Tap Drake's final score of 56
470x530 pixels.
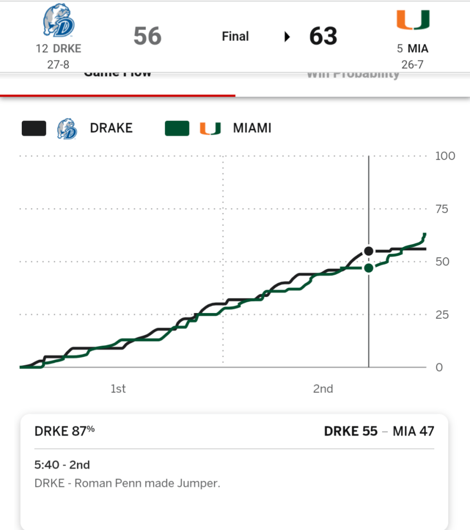[x=148, y=36]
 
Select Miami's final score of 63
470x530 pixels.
[x=323, y=36]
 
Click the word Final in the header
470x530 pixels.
[x=235, y=36]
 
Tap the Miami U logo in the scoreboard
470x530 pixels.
[x=413, y=21]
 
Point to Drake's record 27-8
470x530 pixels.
[x=58, y=64]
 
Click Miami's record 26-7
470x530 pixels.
[x=413, y=64]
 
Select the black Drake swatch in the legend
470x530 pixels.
[x=34, y=128]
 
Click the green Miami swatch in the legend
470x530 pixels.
[x=177, y=128]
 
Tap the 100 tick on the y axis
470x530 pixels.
[x=445, y=156]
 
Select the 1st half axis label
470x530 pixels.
[x=118, y=389]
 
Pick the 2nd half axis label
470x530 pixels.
[x=322, y=389]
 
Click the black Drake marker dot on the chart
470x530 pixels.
[x=369, y=251]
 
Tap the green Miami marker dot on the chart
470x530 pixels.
[x=369, y=268]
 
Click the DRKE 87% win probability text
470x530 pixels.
[x=65, y=431]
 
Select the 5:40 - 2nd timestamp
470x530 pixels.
[x=62, y=465]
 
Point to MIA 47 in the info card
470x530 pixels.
[x=413, y=431]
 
